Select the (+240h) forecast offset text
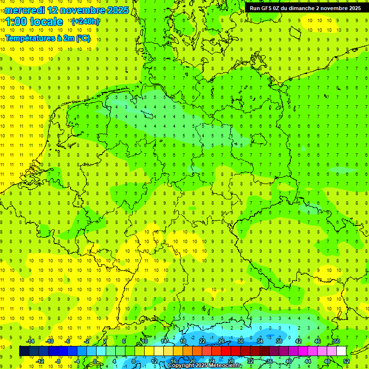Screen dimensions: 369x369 click(85, 21)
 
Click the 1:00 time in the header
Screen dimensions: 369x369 click(17, 22)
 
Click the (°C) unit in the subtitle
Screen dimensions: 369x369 click(82, 38)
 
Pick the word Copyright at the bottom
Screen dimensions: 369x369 click(181, 366)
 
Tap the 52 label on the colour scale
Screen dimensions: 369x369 click(346, 361)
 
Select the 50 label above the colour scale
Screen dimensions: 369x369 click(336, 341)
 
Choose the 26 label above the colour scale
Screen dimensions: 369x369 click(221, 341)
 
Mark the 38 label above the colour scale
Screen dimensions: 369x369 click(279, 341)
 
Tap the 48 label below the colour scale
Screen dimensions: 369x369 click(327, 361)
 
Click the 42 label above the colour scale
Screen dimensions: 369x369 click(298, 341)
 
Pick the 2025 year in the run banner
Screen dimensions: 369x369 click(355, 8)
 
